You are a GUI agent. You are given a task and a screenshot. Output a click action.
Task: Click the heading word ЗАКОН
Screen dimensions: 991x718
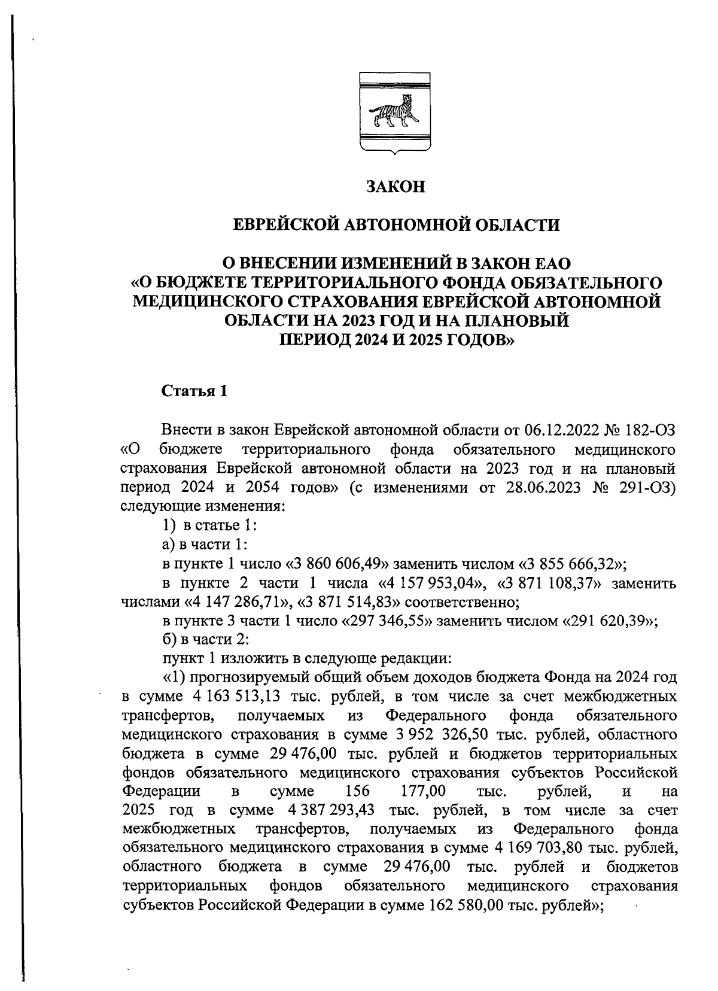395,187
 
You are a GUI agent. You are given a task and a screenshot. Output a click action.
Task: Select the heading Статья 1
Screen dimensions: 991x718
194,393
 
